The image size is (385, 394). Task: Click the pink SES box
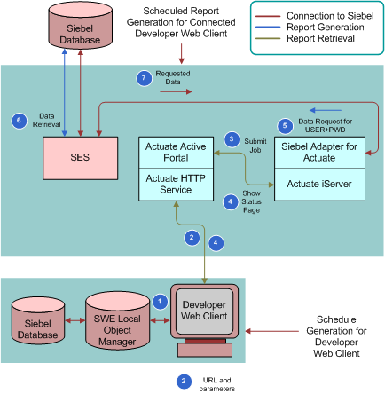pyautogui.click(x=80, y=158)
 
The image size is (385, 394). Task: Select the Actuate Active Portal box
pyautogui.click(x=176, y=153)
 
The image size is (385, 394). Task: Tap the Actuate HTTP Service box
pyautogui.click(x=176, y=185)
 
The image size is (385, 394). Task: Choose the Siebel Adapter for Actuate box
pyautogui.click(x=319, y=153)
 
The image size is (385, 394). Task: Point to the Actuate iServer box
pyautogui.click(x=319, y=185)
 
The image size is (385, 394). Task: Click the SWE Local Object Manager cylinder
pyautogui.click(x=117, y=320)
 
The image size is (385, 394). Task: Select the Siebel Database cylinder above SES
pyautogui.click(x=80, y=26)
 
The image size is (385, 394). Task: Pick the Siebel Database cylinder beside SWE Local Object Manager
pyautogui.click(x=38, y=320)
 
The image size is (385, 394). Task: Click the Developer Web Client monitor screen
pyautogui.click(x=204, y=311)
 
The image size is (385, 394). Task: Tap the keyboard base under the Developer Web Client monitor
pyautogui.click(x=205, y=350)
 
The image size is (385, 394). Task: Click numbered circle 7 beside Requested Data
pyautogui.click(x=144, y=78)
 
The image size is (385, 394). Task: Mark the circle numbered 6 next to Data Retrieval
pyautogui.click(x=20, y=121)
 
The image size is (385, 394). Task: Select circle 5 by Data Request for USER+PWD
pyautogui.click(x=285, y=126)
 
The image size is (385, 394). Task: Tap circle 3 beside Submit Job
pyautogui.click(x=232, y=139)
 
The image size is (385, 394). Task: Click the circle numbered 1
pyautogui.click(x=161, y=302)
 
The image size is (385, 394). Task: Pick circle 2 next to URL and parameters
pyautogui.click(x=184, y=382)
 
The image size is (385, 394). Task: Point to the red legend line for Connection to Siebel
pyautogui.click(x=268, y=16)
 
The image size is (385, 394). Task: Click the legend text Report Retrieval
pyautogui.click(x=320, y=38)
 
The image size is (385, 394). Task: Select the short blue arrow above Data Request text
pyautogui.click(x=326, y=111)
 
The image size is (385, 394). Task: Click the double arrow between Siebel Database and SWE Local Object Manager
pyautogui.click(x=75, y=320)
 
